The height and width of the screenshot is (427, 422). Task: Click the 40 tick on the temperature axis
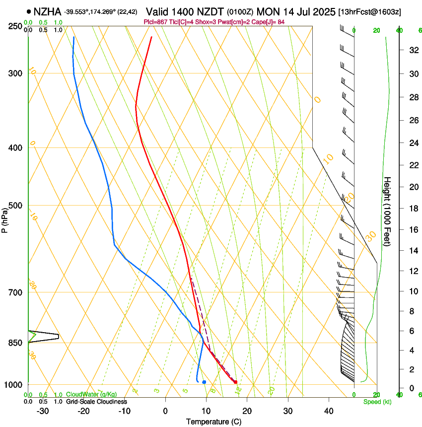coord(329,411)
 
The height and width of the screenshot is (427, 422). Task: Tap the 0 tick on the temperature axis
coord(165,411)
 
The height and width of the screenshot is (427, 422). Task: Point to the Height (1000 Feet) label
coord(387,211)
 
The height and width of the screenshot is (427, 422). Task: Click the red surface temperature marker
coord(235,382)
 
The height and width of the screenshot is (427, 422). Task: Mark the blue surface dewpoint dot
coord(204,382)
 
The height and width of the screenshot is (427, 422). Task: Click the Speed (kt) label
coord(377,402)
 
